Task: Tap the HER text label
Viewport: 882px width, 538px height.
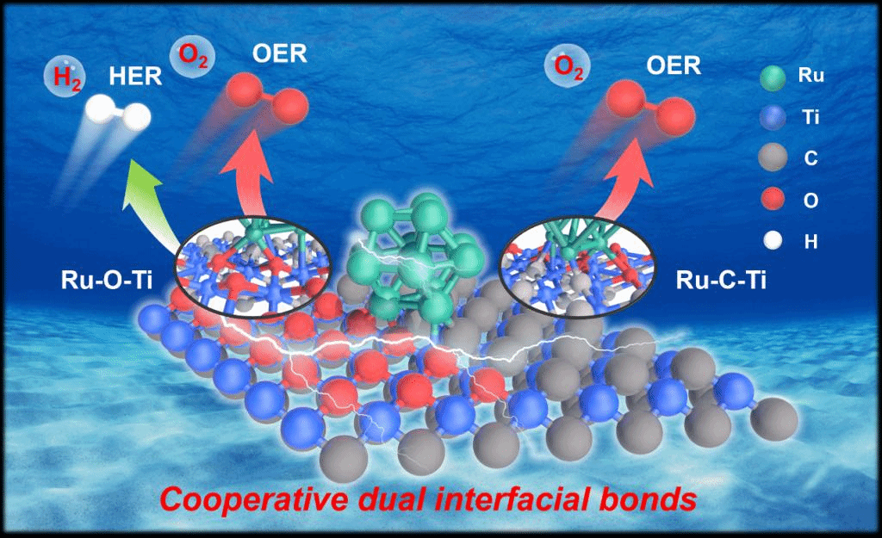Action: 134,76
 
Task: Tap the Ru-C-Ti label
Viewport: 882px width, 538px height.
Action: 723,280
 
